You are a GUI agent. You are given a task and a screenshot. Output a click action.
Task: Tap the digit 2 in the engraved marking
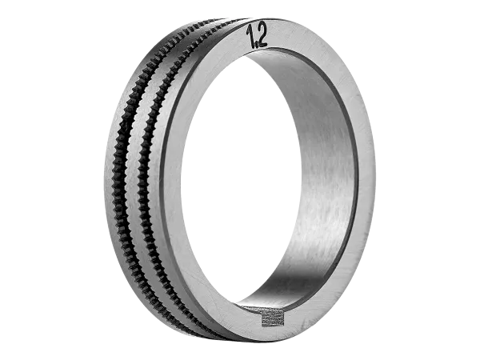pyautogui.click(x=262, y=35)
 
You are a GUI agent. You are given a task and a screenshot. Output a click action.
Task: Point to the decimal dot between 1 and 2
pyautogui.click(x=257, y=46)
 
